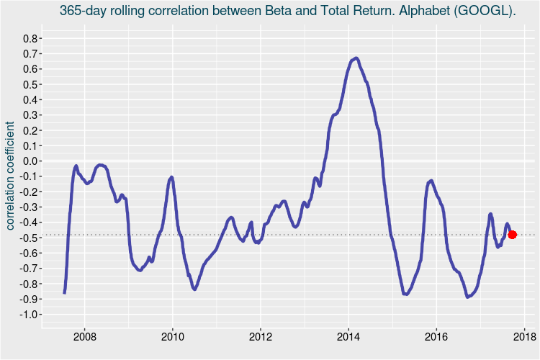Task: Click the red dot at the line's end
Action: pos(513,235)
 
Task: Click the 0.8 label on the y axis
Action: pos(32,38)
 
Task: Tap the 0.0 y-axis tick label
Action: pos(32,161)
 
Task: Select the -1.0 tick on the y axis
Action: pos(31,315)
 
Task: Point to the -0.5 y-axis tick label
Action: pos(31,238)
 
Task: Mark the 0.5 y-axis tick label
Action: pos(32,84)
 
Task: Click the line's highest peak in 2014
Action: pos(356,58)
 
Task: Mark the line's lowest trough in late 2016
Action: pos(468,296)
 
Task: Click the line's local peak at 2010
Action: pos(171,176)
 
